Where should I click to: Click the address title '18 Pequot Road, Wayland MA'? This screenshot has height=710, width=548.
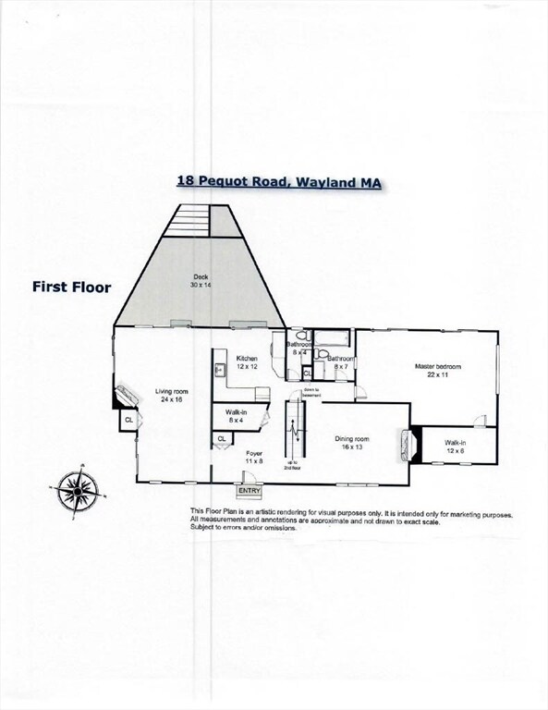(x=279, y=182)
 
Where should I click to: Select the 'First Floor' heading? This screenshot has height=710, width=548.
(x=72, y=288)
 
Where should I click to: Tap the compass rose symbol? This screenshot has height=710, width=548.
(x=76, y=490)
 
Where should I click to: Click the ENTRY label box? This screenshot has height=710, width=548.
(x=250, y=491)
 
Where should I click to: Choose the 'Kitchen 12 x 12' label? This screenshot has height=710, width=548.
(x=247, y=362)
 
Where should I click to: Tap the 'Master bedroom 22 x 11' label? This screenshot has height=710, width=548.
(x=437, y=371)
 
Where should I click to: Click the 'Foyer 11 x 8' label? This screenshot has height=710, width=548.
(x=254, y=457)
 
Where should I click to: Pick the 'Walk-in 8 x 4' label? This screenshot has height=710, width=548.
(x=236, y=416)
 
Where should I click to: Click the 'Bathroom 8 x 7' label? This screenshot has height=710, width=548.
(x=341, y=361)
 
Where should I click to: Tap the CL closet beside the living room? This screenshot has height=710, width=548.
(x=128, y=421)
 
